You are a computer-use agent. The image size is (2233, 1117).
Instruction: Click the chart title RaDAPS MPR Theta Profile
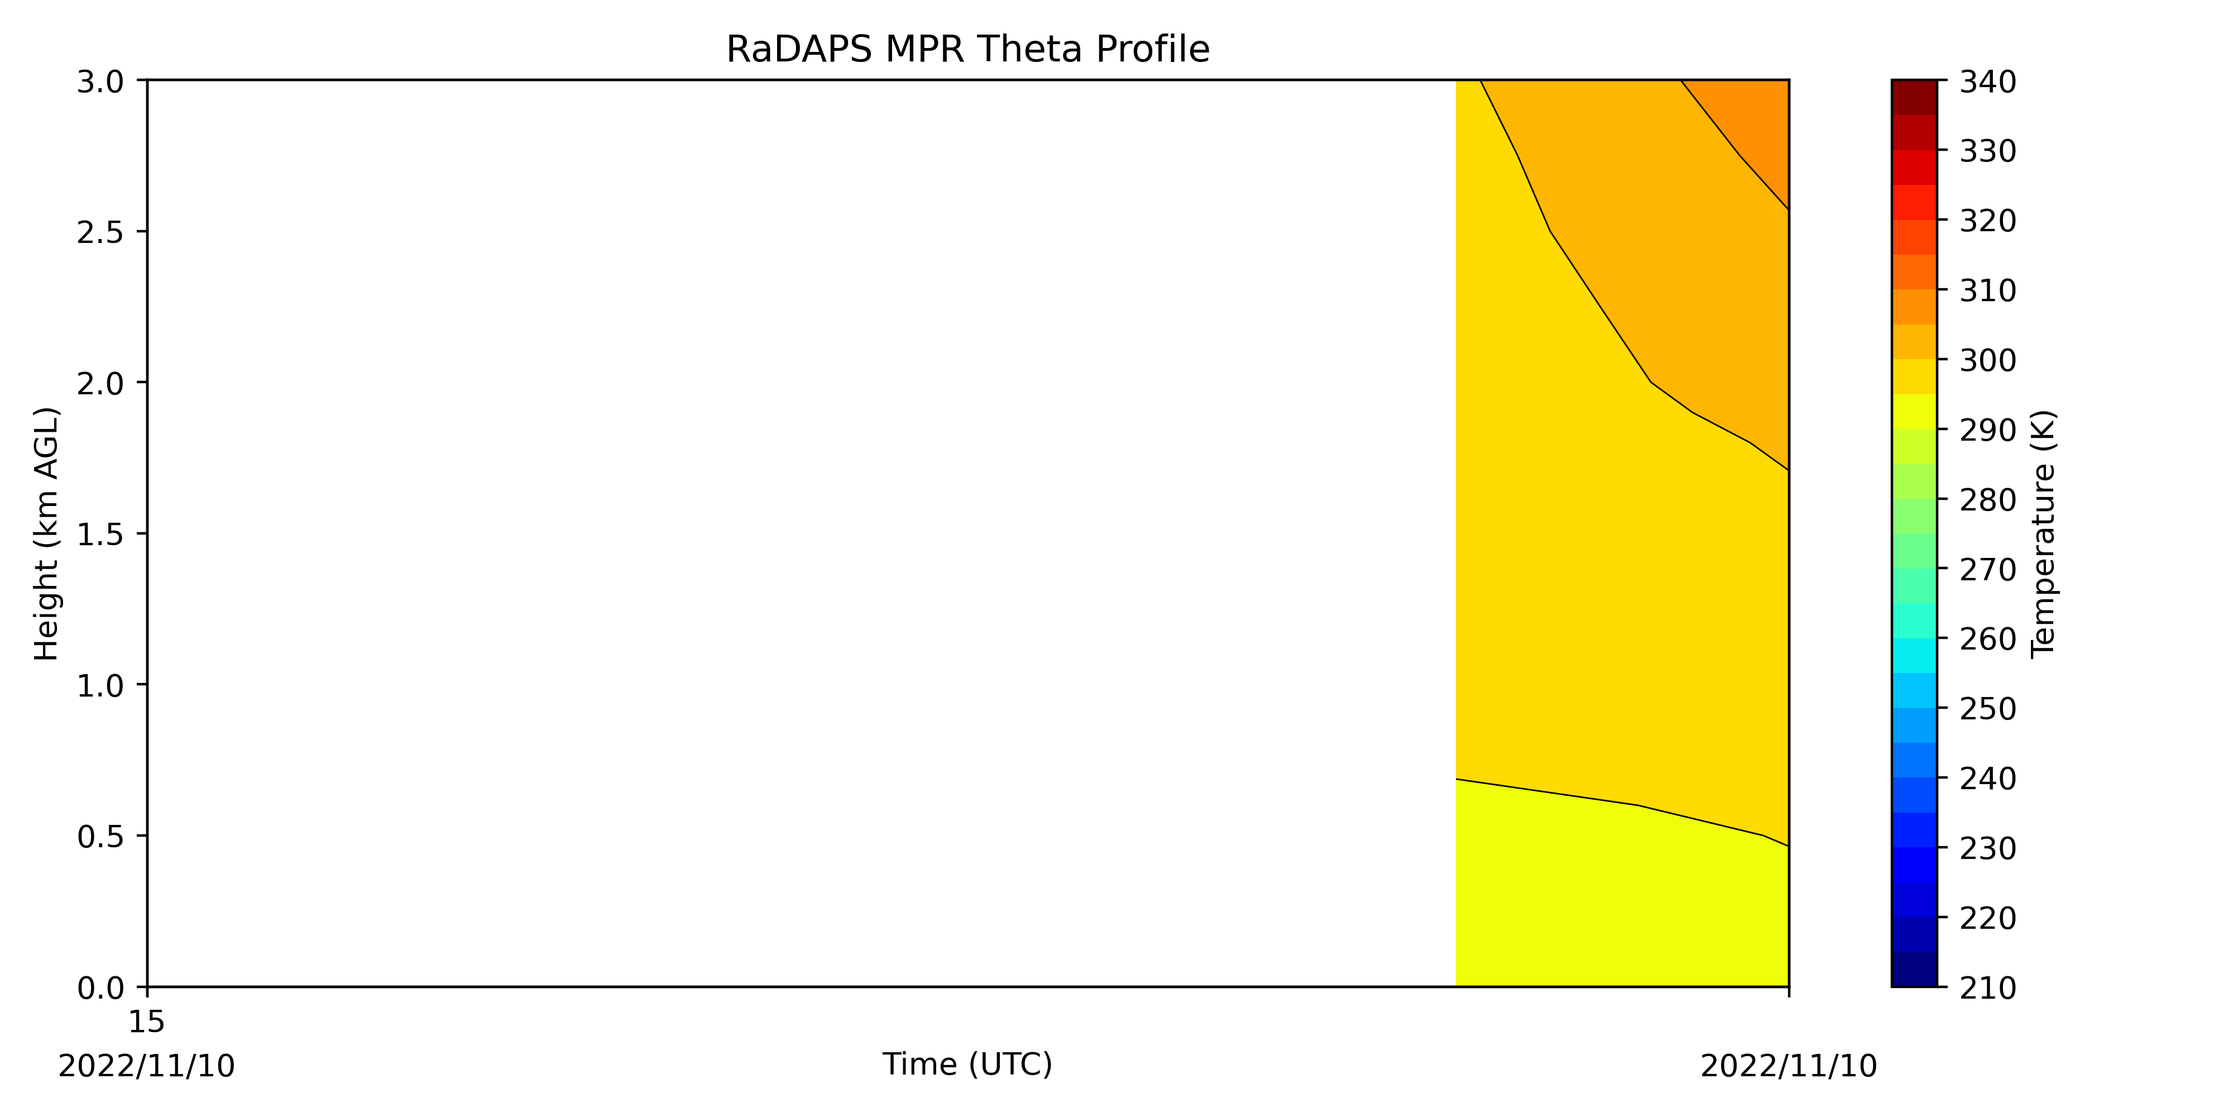pyautogui.click(x=967, y=50)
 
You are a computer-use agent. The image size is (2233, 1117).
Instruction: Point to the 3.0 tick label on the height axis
pyautogui.click(x=100, y=83)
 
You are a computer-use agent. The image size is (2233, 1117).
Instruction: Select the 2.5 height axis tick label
pyautogui.click(x=100, y=232)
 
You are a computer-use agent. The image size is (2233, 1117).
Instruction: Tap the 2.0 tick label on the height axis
pyautogui.click(x=100, y=383)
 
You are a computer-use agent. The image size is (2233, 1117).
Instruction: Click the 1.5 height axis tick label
pyautogui.click(x=100, y=534)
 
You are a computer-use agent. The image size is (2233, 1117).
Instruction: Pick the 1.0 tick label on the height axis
pyautogui.click(x=100, y=686)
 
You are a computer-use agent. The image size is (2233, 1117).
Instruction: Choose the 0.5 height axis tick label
pyautogui.click(x=100, y=837)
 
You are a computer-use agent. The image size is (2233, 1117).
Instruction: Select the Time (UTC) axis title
pyautogui.click(x=967, y=1064)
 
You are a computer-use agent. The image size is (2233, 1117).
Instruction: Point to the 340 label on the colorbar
pyautogui.click(x=1988, y=83)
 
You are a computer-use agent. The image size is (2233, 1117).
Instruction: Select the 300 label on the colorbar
pyautogui.click(x=1988, y=360)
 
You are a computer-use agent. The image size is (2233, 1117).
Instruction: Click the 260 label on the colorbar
pyautogui.click(x=1988, y=639)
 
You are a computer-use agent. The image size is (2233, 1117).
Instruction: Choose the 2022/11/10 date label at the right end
pyautogui.click(x=1788, y=1066)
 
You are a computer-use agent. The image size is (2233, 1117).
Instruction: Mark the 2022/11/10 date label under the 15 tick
pyautogui.click(x=146, y=1066)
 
